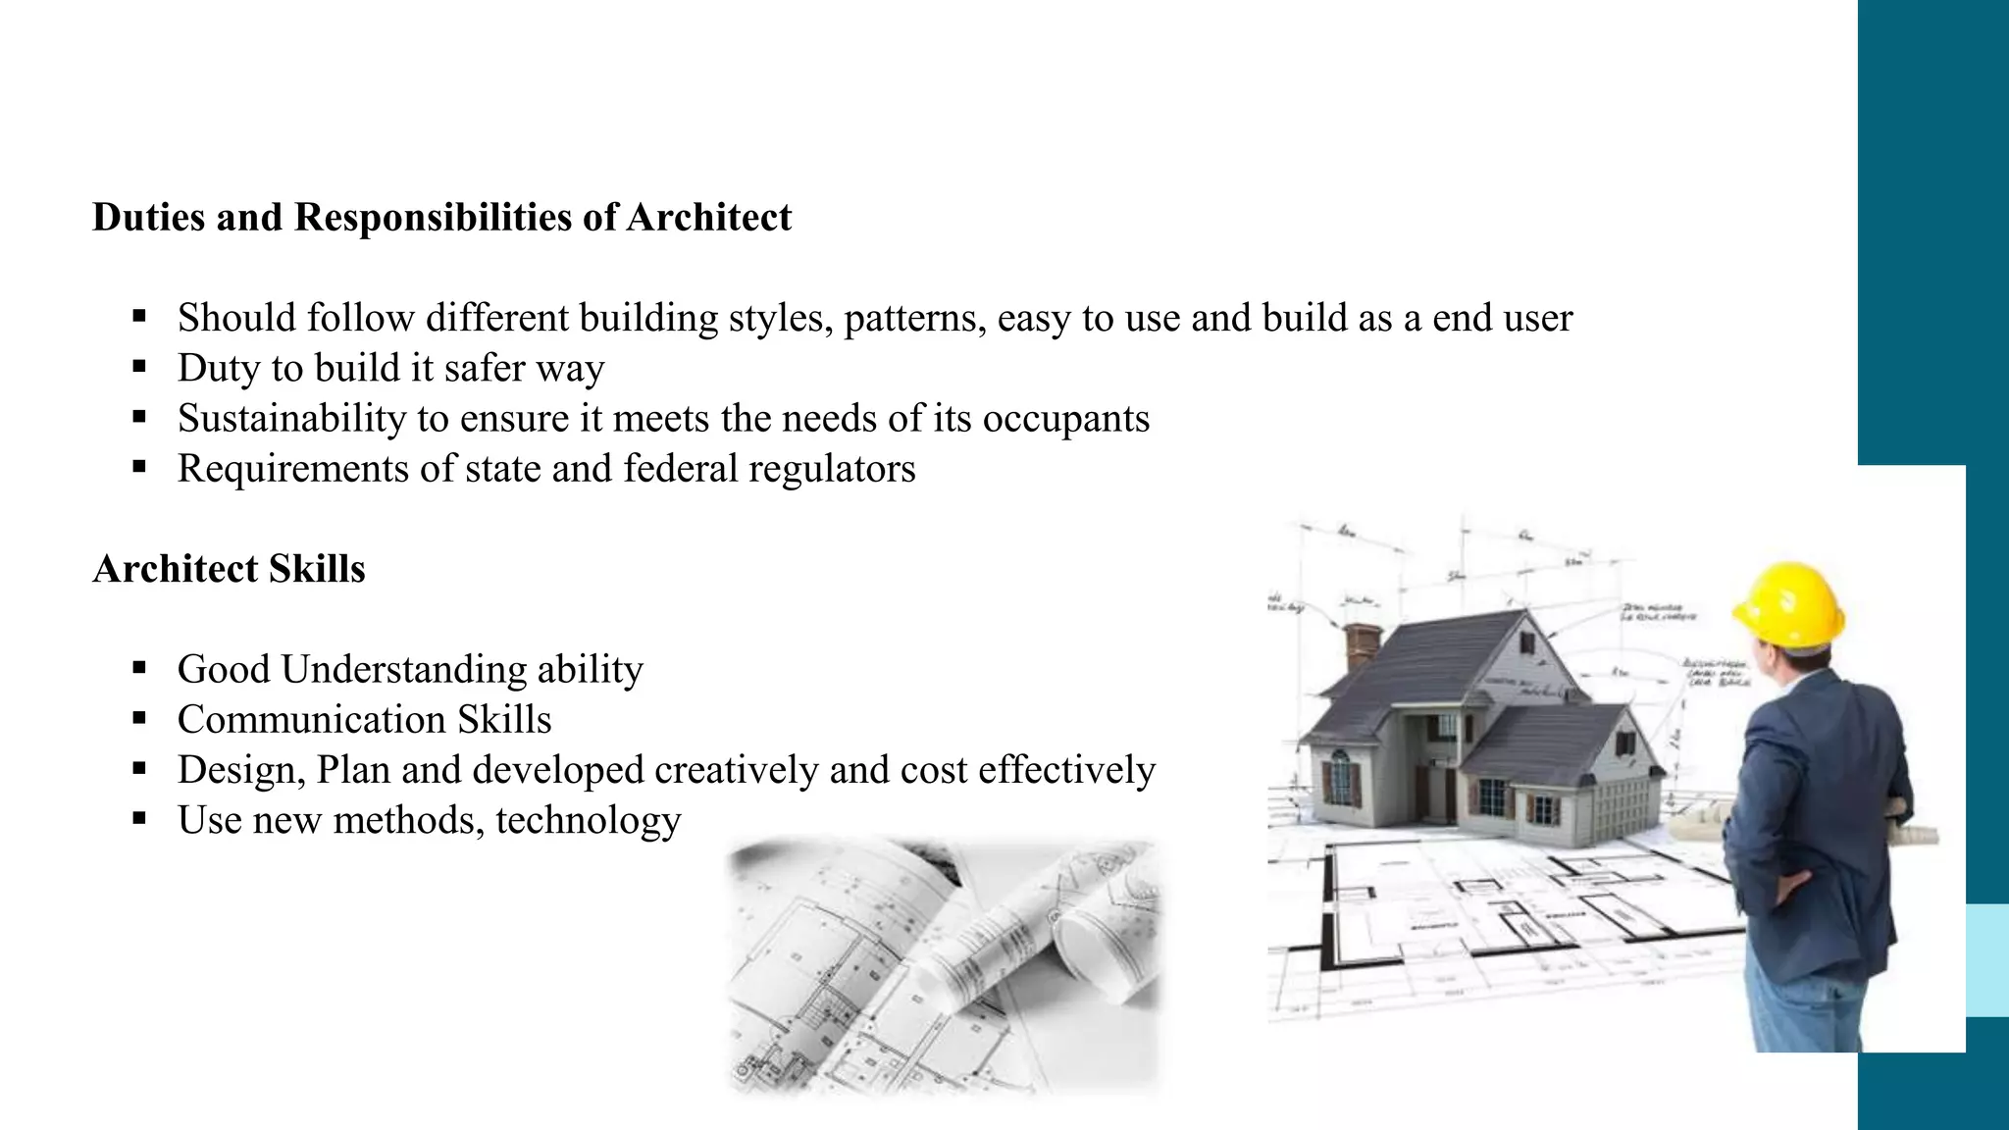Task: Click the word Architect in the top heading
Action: (x=708, y=217)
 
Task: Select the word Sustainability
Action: (x=291, y=419)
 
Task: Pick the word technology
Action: (x=588, y=820)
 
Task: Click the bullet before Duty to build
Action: (x=139, y=368)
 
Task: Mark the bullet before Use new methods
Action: (x=139, y=819)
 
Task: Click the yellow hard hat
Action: (x=1789, y=602)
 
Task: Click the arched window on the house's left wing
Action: (x=1339, y=775)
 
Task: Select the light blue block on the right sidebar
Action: (x=1987, y=960)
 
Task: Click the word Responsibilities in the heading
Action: (x=433, y=217)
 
